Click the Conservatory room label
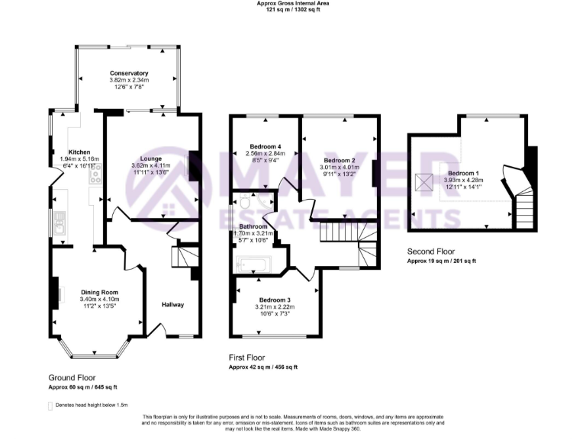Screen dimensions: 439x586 point(128,73)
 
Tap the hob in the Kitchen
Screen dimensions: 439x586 point(96,176)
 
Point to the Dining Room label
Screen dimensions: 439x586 point(99,292)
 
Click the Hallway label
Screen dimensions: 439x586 point(172,305)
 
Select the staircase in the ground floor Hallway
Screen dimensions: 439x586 point(183,257)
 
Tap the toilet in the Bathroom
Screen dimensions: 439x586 point(243,203)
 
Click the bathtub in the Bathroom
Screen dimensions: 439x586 point(252,266)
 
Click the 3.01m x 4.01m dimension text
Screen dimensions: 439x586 point(340,168)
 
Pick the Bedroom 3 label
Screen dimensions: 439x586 point(275,300)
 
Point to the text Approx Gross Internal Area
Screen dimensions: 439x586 point(293,4)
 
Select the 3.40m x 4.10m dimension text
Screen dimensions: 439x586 point(99,300)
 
